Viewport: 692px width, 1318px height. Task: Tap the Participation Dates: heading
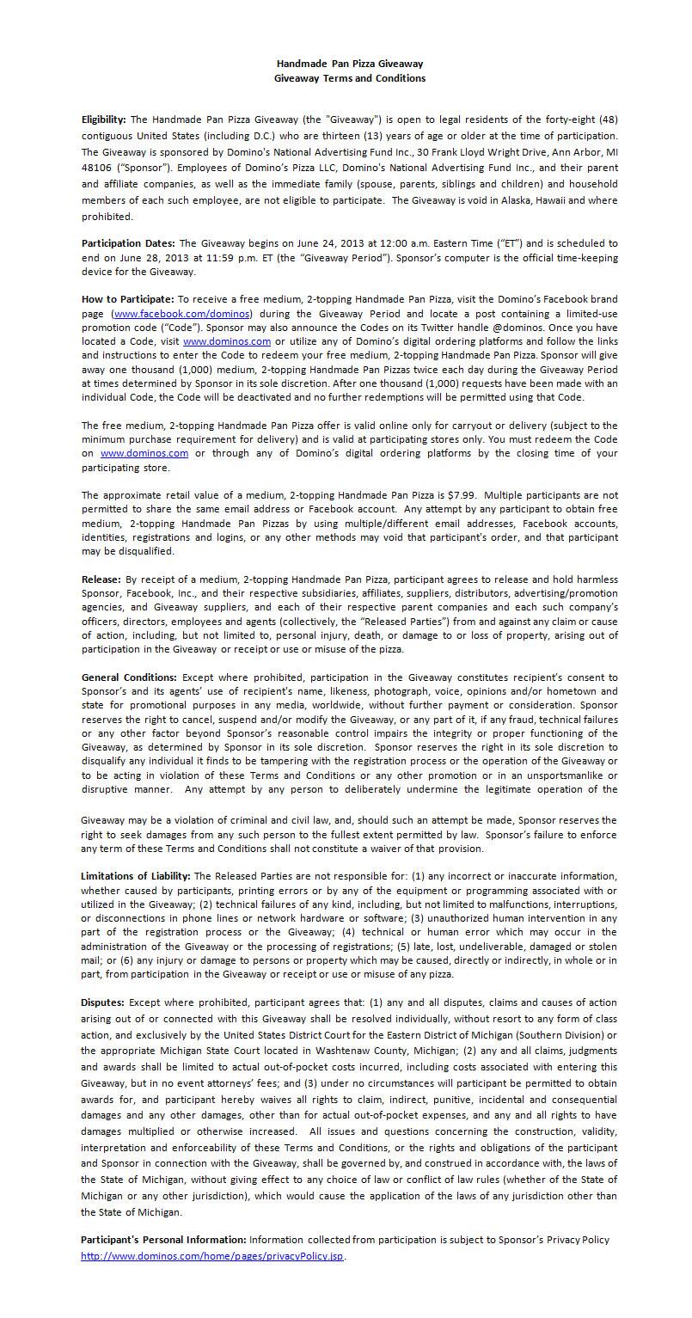(128, 243)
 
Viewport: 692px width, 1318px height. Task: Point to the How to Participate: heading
(127, 298)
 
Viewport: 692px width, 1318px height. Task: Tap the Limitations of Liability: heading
(137, 876)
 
